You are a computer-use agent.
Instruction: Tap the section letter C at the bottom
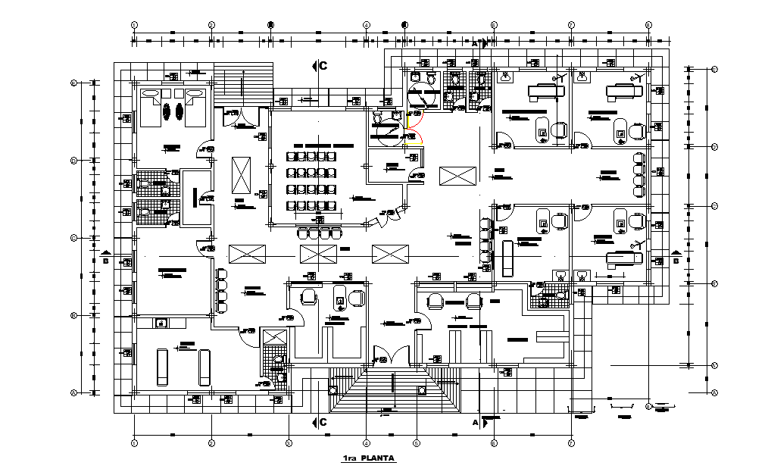coord(323,422)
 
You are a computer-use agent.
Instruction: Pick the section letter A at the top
coord(476,45)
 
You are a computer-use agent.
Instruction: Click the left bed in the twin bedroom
coord(150,108)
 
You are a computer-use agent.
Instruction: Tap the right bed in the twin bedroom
coord(195,108)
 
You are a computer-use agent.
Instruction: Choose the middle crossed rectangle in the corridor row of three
coord(317,253)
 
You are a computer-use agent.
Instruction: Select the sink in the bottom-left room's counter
coord(161,324)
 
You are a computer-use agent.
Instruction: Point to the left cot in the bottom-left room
coord(161,367)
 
